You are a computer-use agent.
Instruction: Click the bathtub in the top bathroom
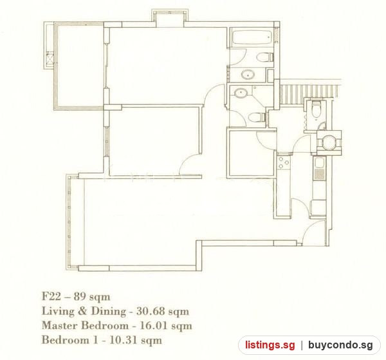(252, 37)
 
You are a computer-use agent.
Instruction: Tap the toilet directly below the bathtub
(265, 57)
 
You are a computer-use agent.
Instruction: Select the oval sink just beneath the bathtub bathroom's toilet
(248, 75)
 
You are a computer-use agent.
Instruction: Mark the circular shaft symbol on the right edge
(329, 143)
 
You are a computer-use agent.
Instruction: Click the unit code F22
(51, 296)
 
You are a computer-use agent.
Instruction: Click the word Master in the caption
(60, 325)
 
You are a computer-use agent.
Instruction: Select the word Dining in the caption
(108, 312)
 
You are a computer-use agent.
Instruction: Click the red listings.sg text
(270, 345)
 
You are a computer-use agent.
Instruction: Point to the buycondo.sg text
(340, 345)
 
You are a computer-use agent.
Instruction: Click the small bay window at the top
(170, 18)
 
